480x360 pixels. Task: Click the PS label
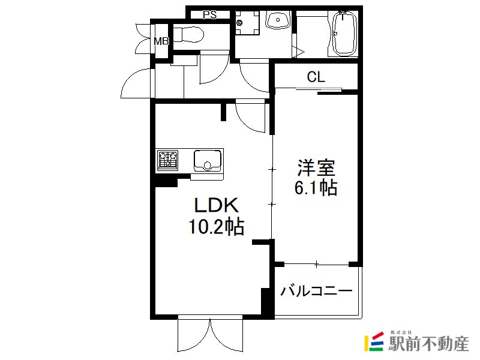pos(209,14)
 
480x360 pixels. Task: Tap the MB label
pos(161,41)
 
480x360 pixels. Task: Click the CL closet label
pos(316,77)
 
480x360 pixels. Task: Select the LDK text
pos(217,205)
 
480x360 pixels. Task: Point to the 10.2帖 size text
pos(217,227)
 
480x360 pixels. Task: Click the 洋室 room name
pos(316,167)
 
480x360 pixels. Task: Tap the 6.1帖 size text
pos(316,188)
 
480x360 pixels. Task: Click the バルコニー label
pos(317,290)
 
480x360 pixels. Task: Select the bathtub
pos(345,33)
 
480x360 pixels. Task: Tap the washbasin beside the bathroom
pos(278,20)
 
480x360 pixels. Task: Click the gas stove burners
pos(168,160)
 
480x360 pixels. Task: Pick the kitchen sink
pos(207,161)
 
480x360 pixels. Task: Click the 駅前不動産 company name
pos(428,343)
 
